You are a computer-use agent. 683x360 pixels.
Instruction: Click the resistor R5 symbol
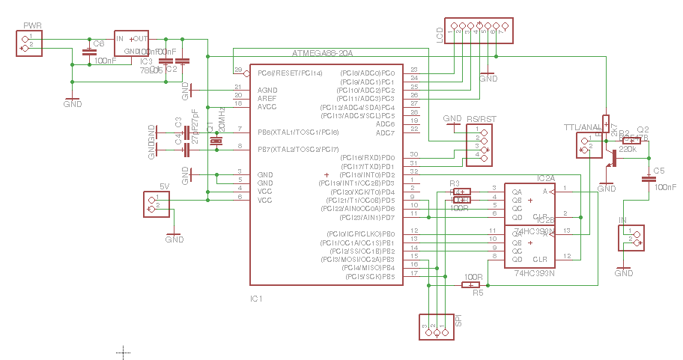(471, 284)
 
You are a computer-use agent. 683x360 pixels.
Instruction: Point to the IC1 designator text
(257, 299)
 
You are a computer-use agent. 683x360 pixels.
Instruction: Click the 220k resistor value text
(628, 150)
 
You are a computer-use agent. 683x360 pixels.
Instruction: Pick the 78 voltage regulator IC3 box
(132, 43)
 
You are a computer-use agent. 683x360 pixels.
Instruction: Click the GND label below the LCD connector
(488, 78)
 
